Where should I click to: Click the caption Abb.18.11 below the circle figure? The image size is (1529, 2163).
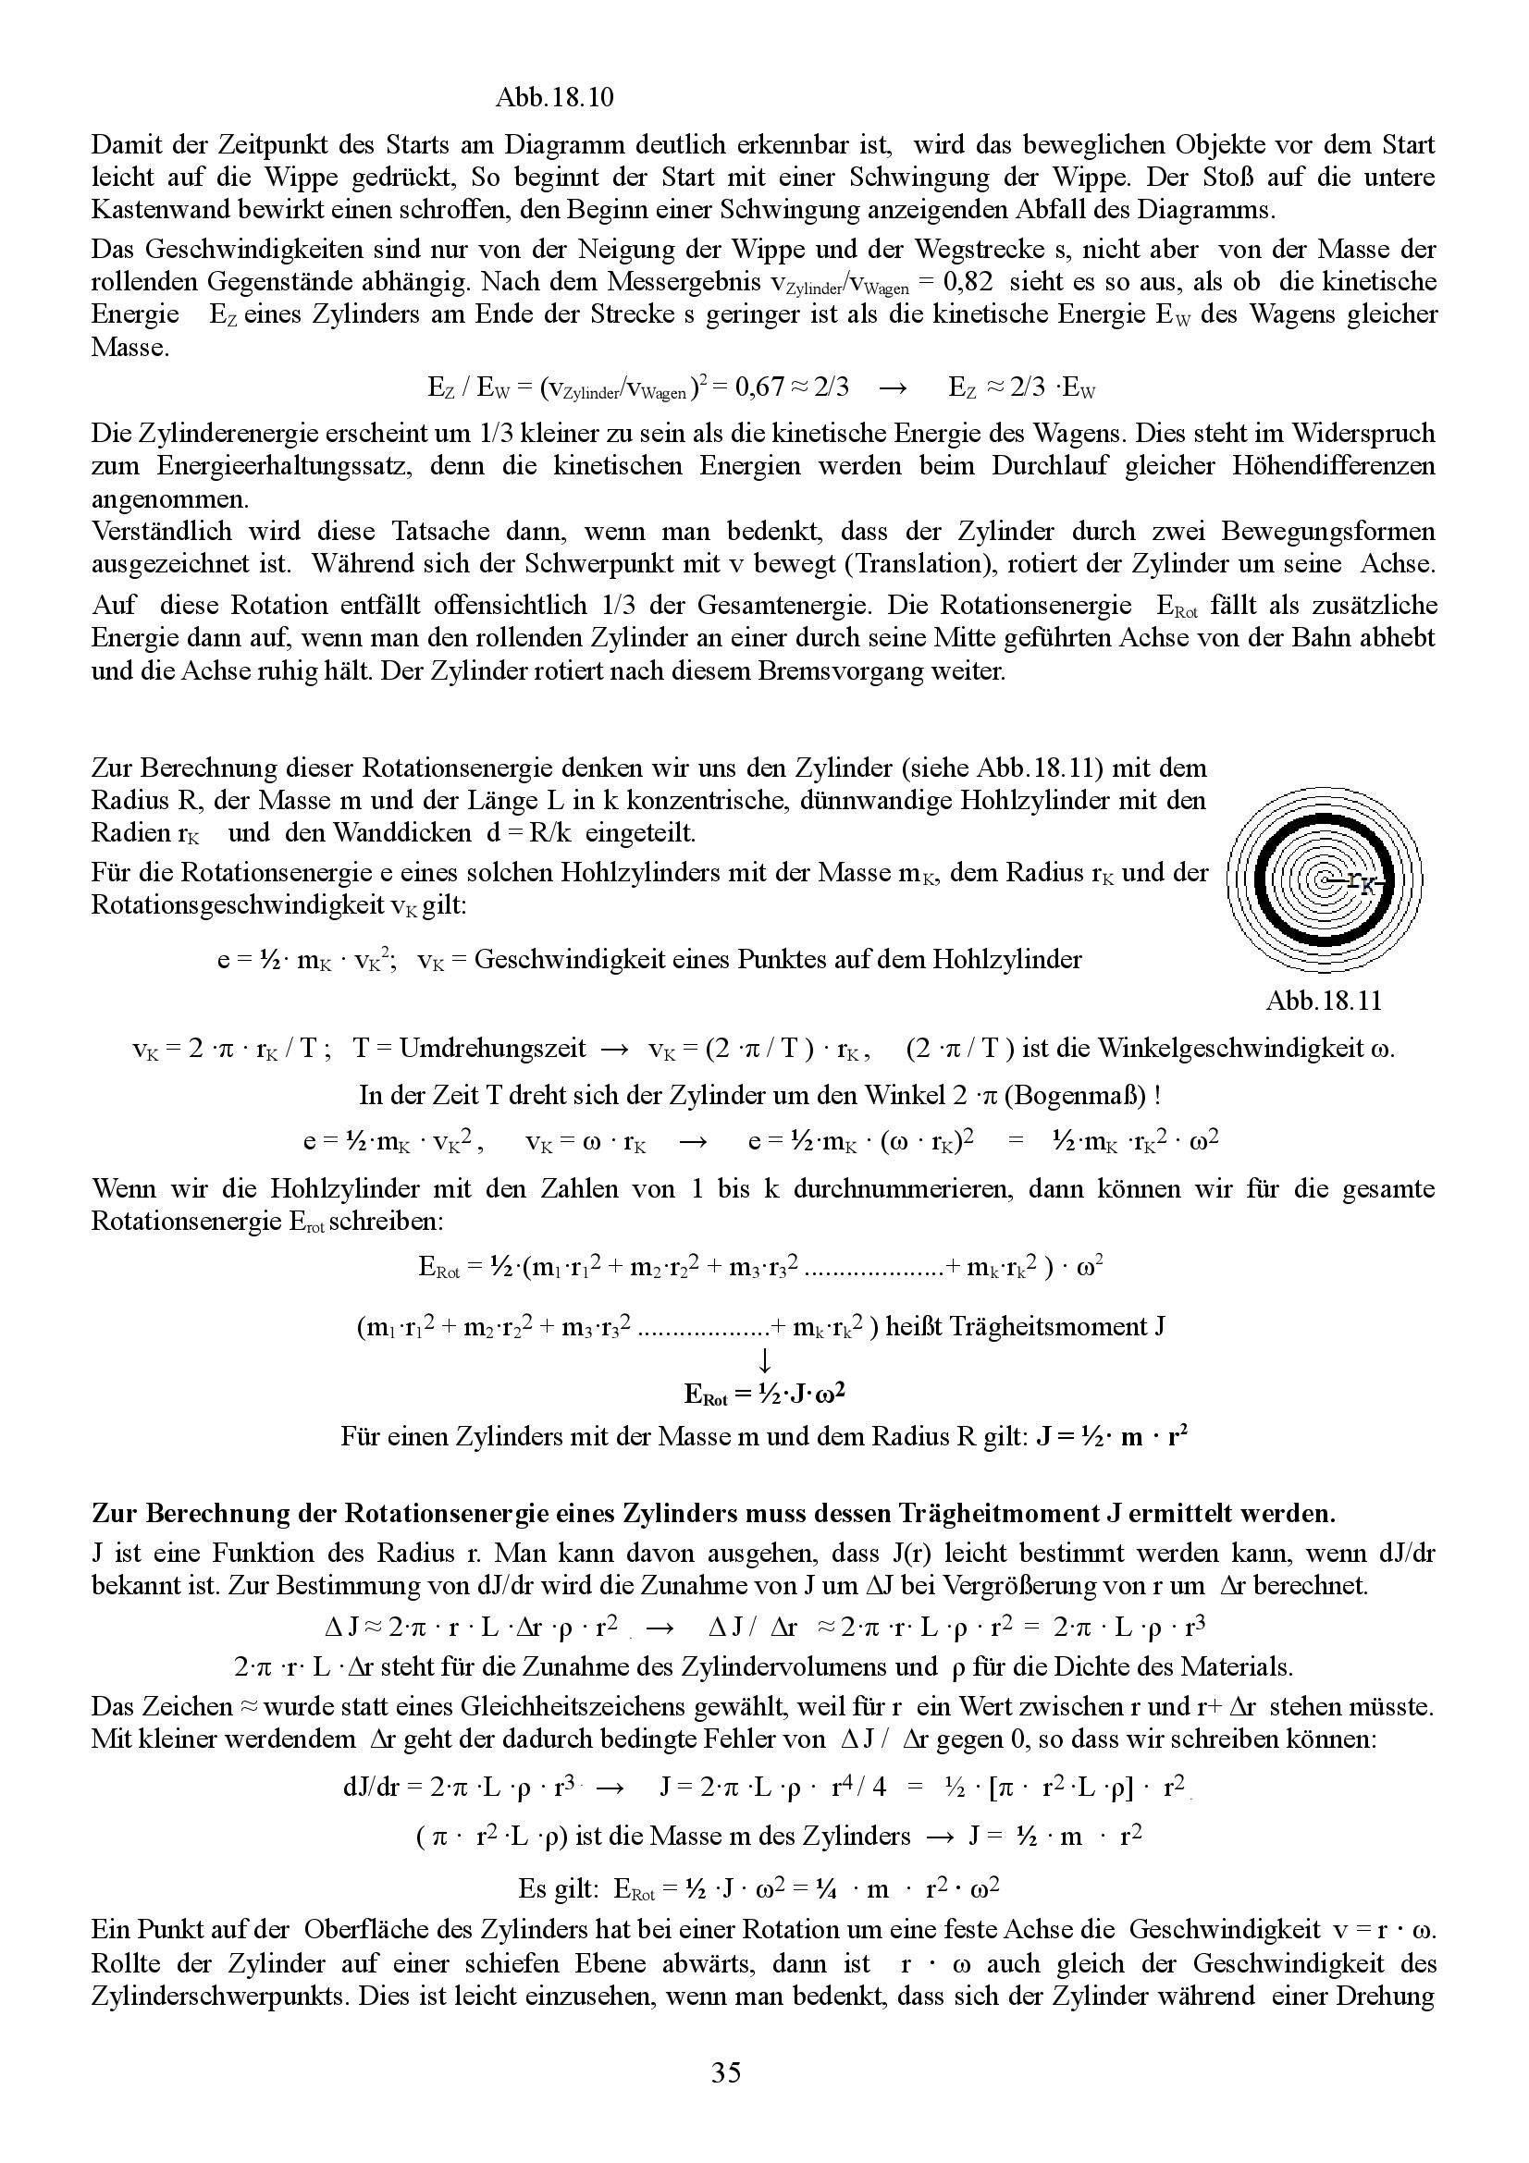click(x=1324, y=1000)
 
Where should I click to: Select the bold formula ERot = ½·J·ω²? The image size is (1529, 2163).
click(x=764, y=1394)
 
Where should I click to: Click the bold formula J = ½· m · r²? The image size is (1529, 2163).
click(x=1111, y=1437)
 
